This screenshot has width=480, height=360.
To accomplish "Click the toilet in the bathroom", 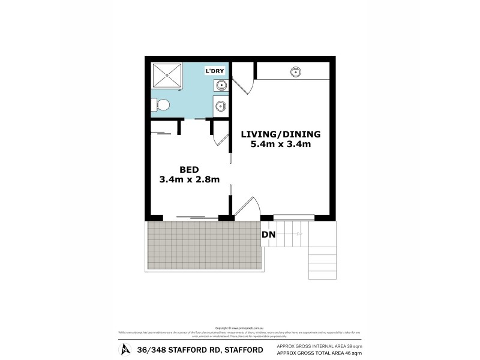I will pos(161,106).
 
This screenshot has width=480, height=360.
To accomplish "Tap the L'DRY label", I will pos(215,71).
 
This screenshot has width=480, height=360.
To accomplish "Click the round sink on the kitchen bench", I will pos(295,73).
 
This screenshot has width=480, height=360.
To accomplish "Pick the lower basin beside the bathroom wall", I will pos(220,107).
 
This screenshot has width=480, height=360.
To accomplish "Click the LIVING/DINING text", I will pos(281,134).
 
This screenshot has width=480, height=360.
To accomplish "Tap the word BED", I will pos(189,169).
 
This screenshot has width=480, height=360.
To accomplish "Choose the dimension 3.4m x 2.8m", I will pos(189,179).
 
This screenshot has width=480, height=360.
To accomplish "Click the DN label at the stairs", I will pos(268,235).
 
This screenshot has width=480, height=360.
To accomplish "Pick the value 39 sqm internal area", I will pos(355,347).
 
